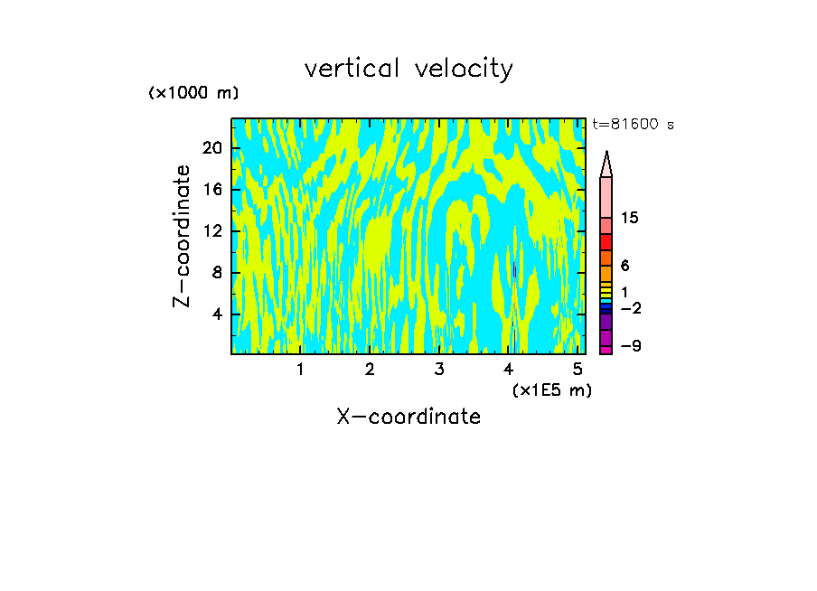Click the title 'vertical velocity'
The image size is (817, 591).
[408, 69]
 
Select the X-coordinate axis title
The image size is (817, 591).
[408, 417]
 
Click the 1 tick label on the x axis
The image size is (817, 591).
[300, 369]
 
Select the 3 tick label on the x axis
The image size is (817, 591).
[438, 369]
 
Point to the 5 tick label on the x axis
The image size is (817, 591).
[577, 369]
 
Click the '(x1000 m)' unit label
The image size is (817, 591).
[193, 93]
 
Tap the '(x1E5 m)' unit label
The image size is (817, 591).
[551, 389]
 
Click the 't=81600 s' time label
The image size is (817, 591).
[633, 125]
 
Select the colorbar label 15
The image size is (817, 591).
[630, 218]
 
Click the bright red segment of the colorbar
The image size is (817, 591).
[606, 242]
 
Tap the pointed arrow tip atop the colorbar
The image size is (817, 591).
[606, 164]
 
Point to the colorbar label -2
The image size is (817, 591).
[630, 308]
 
